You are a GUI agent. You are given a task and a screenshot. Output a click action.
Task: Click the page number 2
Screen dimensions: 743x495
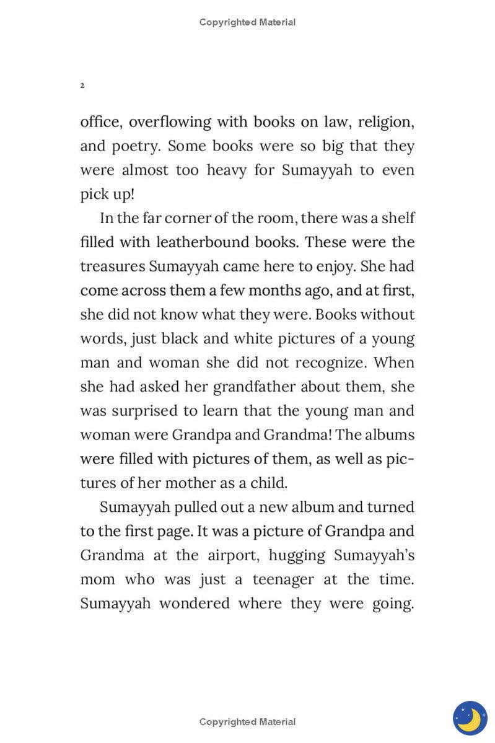tap(82, 85)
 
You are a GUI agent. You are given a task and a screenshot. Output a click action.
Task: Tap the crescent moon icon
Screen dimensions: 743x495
tap(470, 718)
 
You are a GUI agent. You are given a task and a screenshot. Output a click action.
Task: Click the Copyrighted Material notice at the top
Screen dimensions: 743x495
tap(247, 22)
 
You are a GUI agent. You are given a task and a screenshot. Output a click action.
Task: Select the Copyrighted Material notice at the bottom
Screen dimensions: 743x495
tap(247, 722)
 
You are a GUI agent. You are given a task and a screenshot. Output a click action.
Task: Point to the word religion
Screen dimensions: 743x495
tap(385, 122)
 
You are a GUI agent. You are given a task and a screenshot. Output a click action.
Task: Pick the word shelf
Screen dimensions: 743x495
tap(399, 218)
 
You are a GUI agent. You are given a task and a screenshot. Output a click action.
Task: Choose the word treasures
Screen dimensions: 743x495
tap(112, 266)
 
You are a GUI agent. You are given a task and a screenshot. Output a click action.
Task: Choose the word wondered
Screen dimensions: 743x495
tap(194, 604)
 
